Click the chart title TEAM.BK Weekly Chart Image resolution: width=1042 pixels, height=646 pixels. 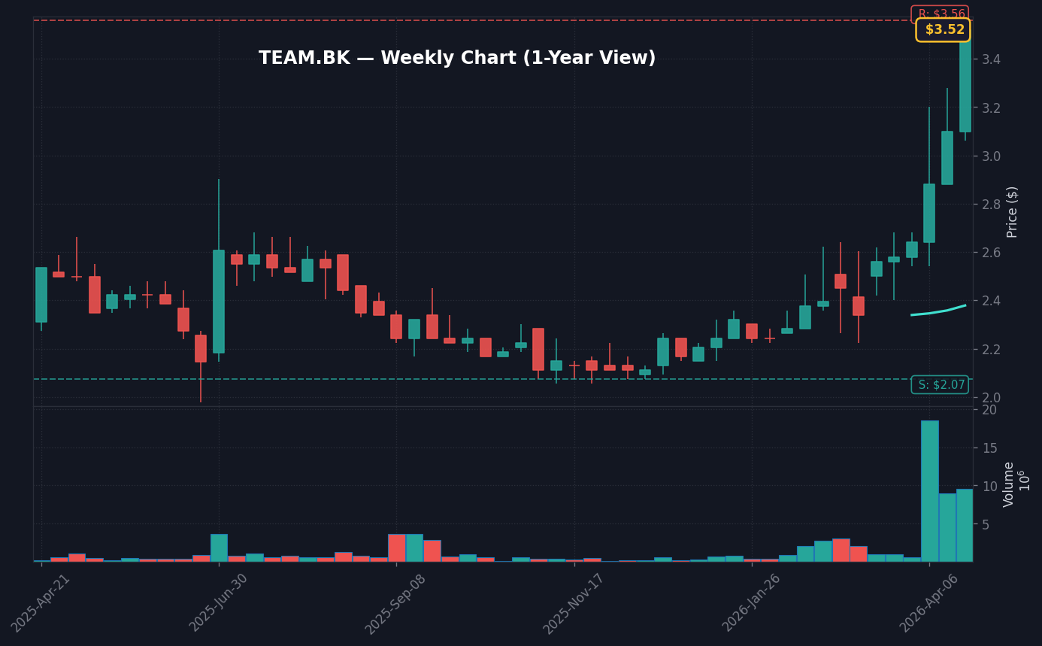[457, 59]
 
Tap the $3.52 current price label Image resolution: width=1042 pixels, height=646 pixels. [943, 30]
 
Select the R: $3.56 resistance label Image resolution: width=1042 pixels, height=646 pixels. [940, 14]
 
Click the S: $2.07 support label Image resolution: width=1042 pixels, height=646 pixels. [940, 385]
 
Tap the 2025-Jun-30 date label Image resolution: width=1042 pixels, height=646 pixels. [219, 602]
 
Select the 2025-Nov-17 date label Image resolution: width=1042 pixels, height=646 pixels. [574, 602]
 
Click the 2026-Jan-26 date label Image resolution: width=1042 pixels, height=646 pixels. [752, 602]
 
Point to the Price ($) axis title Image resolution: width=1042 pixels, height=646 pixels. [1013, 211]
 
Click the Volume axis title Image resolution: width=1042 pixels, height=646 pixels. [1009, 484]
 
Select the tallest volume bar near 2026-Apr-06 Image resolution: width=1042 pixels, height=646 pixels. [929, 490]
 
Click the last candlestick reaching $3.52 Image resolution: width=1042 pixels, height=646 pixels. [965, 83]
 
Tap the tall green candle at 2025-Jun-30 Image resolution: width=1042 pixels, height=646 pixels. [219, 301]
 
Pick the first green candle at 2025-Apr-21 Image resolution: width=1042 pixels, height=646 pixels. [41, 295]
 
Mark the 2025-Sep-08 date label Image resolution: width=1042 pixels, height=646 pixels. [396, 602]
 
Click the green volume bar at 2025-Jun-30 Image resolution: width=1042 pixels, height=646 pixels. [219, 547]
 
